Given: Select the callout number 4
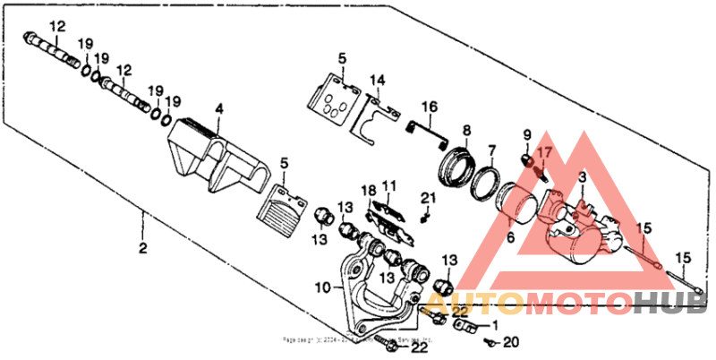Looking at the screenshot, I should coord(218,110).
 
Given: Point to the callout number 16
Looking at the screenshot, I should coord(430,108).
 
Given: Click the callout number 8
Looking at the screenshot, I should coord(466,131).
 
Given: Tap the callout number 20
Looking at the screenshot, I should coord(511,341).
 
